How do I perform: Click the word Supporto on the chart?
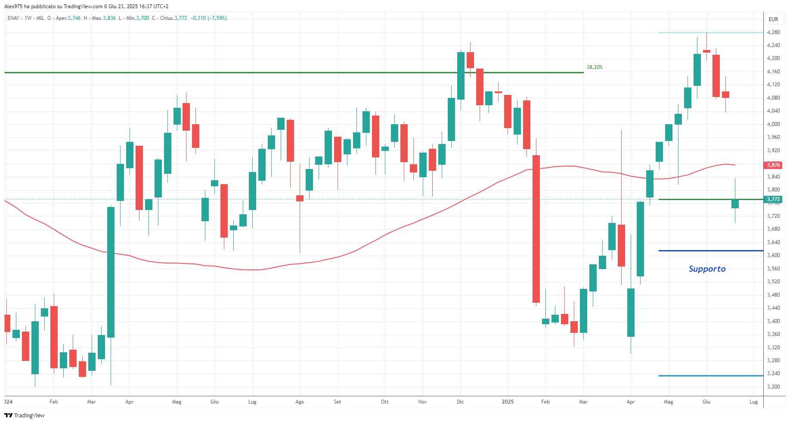pyautogui.click(x=707, y=269)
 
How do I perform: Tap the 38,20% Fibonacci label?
pyautogui.click(x=595, y=67)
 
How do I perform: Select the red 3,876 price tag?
pyautogui.click(x=773, y=165)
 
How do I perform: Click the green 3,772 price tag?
pyautogui.click(x=773, y=199)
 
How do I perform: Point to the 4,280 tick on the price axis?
pyautogui.click(x=773, y=32)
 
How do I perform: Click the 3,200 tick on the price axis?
pyautogui.click(x=773, y=387)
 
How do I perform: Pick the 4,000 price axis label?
pyautogui.click(x=773, y=124)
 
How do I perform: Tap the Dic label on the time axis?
pyautogui.click(x=460, y=402)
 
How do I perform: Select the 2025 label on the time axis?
pyautogui.click(x=508, y=402)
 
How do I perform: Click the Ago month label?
pyautogui.click(x=300, y=402)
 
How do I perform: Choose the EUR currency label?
pyautogui.click(x=773, y=19)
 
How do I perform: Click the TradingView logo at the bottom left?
pyautogui.click(x=25, y=415)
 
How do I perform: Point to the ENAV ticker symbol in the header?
pyautogui.click(x=13, y=18)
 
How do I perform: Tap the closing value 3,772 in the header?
pyautogui.click(x=180, y=18)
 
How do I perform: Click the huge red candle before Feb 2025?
pyautogui.click(x=536, y=229)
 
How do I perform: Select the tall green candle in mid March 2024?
pyautogui.click(x=111, y=272)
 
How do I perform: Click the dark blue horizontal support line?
pyautogui.click(x=710, y=251)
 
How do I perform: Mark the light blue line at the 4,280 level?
pyautogui.click(x=710, y=32)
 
